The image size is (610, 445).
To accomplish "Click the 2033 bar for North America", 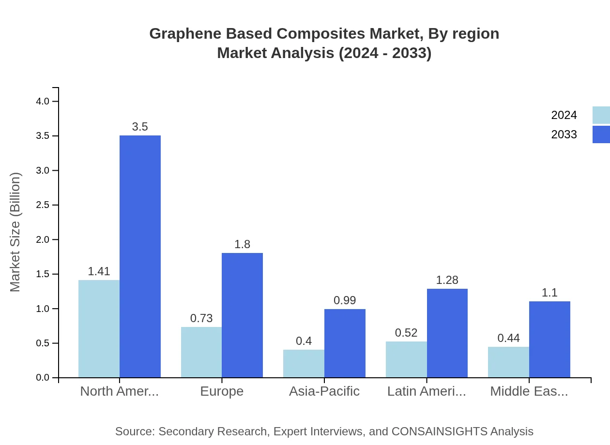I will coord(140,256).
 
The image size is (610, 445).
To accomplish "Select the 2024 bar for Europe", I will coord(201,352).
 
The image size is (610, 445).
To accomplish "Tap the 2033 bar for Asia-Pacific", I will coord(345,343).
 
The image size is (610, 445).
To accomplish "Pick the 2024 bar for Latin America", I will coord(406,359).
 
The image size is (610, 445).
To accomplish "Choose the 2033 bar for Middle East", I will coord(549,339).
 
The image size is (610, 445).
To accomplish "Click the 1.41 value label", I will coord(99,271).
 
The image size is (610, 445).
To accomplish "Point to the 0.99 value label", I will coord(345,300).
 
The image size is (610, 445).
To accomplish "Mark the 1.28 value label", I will coord(447,280).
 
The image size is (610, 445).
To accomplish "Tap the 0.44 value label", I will coord(508,338).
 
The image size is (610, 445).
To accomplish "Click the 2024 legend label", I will coord(564,115).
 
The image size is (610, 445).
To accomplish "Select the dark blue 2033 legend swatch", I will coord(601,134).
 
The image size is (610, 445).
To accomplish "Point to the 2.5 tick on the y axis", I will coord(43,205).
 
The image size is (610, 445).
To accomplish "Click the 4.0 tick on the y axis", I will coord(43,101).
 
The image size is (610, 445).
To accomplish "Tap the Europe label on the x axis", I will coord(222,391).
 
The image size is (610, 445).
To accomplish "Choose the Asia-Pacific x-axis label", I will coord(324,391).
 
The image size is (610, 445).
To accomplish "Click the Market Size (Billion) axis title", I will coord(15,232).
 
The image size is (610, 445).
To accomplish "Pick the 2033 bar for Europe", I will coord(242,315).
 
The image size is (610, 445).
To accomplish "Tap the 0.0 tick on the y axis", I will coord(43,378).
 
